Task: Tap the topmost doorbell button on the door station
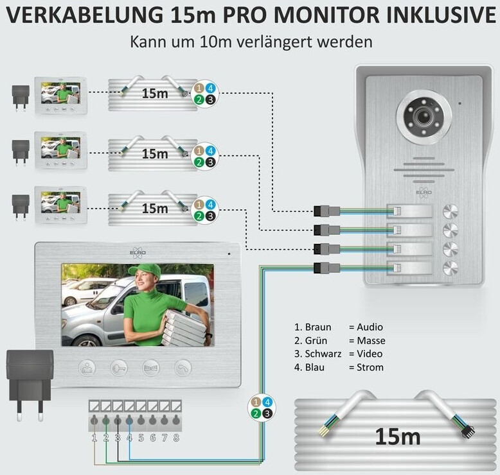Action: pos(450,211)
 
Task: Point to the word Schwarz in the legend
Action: pos(319,354)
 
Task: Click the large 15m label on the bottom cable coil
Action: pos(398,437)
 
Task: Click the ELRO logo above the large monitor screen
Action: pos(138,253)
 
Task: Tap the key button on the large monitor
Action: pos(118,368)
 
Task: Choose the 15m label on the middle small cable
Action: pos(155,154)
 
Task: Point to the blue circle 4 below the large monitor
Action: pos(268,402)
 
